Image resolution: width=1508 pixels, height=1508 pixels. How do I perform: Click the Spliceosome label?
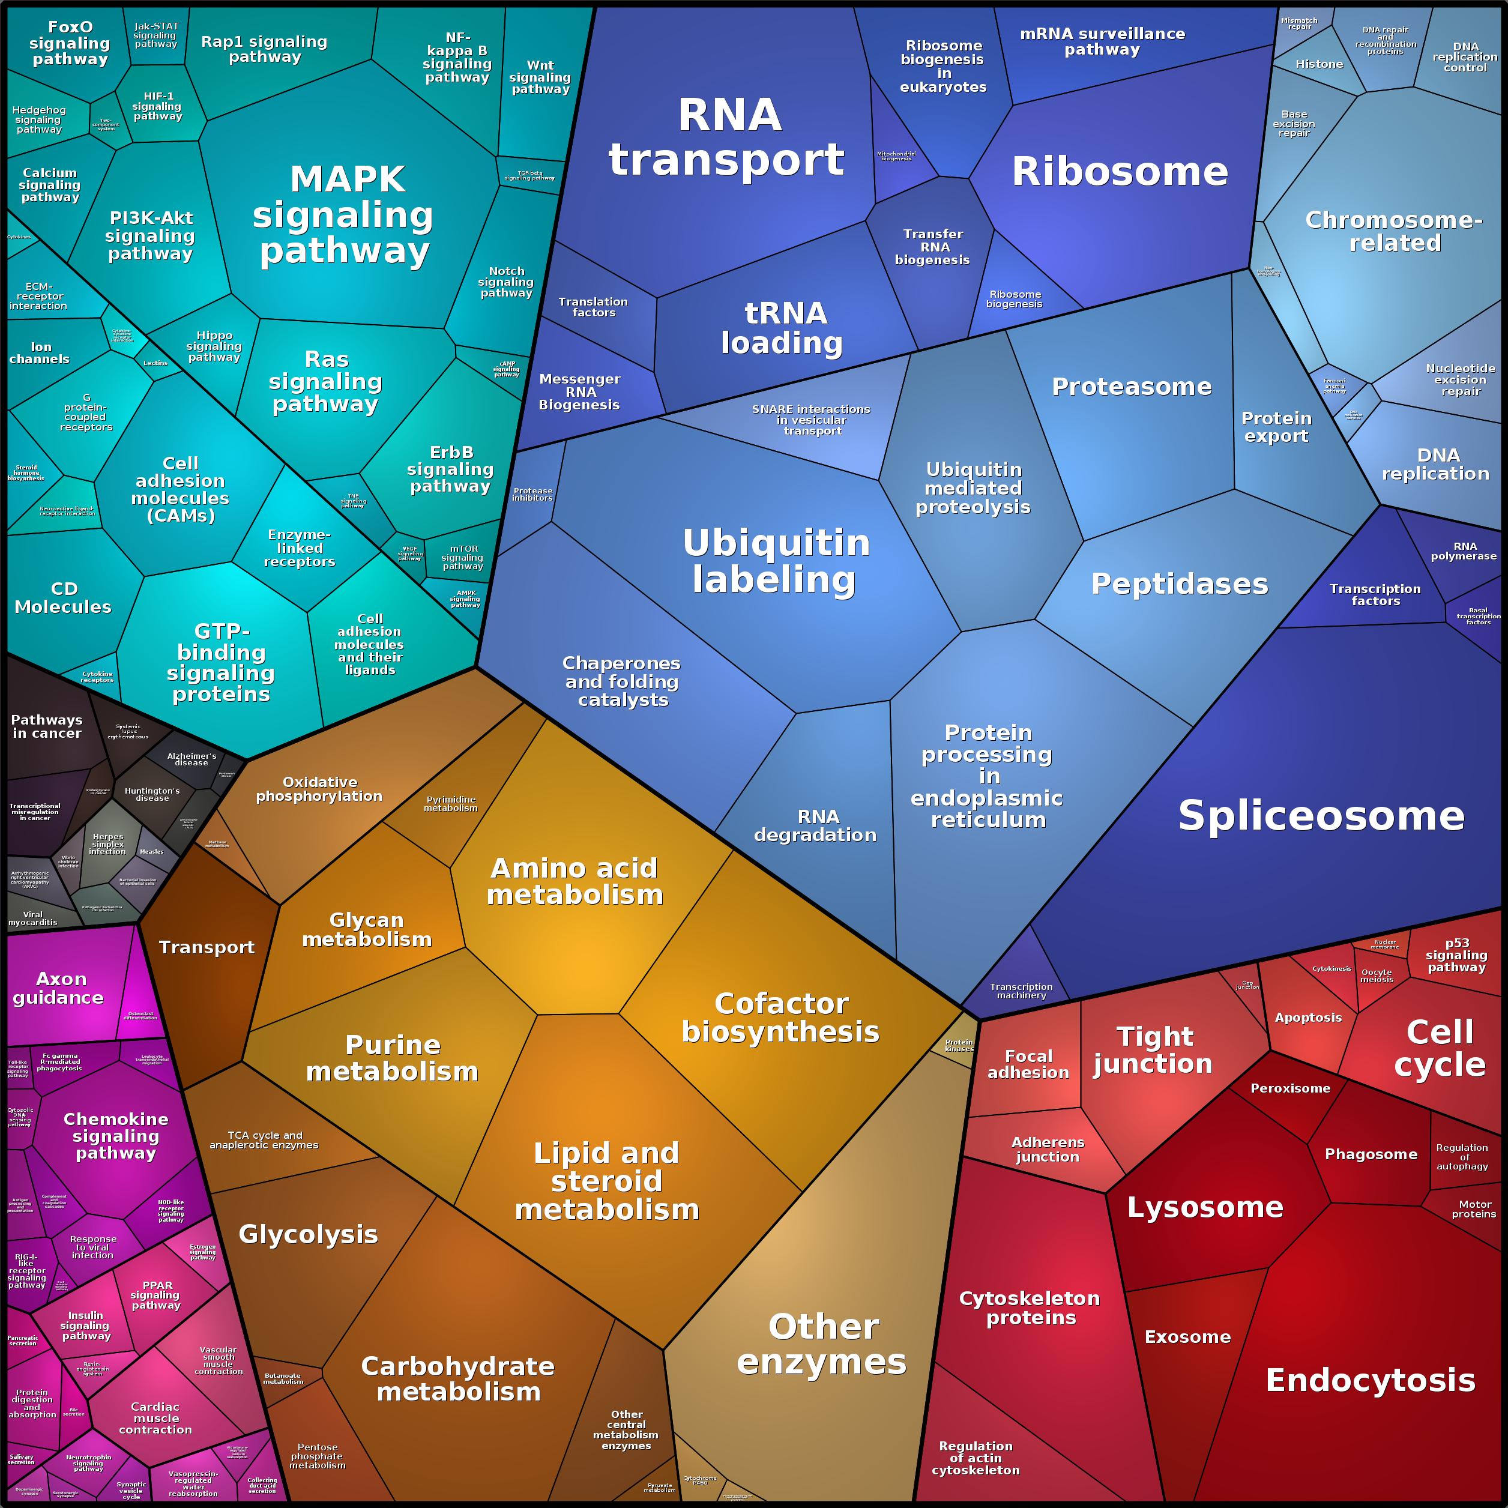[x=1321, y=816]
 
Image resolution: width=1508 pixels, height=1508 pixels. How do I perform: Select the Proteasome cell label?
[x=1131, y=387]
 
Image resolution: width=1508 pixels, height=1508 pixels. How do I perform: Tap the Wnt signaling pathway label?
[x=540, y=77]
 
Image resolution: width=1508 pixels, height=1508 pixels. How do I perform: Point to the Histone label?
[x=1319, y=64]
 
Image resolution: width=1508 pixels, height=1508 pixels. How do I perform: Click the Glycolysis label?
[x=309, y=1234]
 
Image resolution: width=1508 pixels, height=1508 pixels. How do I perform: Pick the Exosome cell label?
[x=1187, y=1337]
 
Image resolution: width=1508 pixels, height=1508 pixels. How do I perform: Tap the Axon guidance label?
[x=59, y=988]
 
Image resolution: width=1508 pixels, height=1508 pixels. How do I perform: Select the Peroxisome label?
[x=1290, y=1088]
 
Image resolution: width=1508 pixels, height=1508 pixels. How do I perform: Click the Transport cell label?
[x=207, y=947]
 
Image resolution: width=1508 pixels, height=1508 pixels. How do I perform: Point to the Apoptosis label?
[x=1308, y=1017]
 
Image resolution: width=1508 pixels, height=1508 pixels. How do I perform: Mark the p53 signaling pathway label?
[x=1456, y=955]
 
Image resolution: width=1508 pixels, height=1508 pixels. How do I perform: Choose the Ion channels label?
[x=40, y=353]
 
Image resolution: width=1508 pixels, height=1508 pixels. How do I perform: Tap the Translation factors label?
[x=593, y=307]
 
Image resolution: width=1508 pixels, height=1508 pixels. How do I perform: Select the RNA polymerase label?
[x=1464, y=551]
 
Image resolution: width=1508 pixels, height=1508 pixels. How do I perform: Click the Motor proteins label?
[x=1474, y=1209]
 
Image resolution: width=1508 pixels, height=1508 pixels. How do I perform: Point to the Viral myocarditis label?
[x=33, y=918]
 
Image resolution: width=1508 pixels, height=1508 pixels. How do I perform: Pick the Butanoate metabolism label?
[x=283, y=1378]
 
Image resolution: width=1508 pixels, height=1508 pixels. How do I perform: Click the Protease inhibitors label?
[x=532, y=494]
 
